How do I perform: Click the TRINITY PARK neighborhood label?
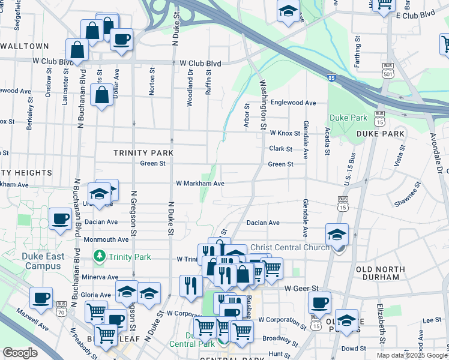(x=143, y=153)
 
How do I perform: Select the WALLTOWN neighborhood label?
(x=24, y=46)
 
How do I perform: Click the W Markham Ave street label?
(x=200, y=184)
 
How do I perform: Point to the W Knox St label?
(x=285, y=133)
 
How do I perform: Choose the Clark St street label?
(x=280, y=149)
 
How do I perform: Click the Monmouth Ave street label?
(x=106, y=239)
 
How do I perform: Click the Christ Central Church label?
(x=289, y=247)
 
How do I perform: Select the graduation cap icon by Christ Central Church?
(x=337, y=235)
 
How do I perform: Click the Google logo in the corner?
(x=20, y=353)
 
